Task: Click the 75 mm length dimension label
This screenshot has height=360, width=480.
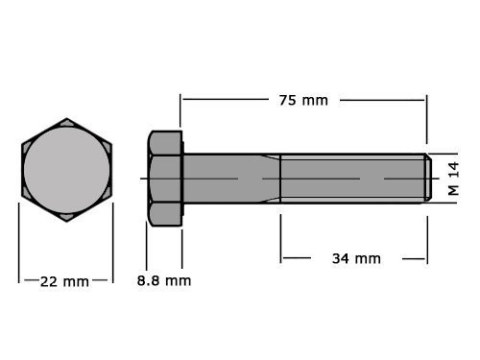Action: [302, 100]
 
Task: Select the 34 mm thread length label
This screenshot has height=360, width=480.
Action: [354, 258]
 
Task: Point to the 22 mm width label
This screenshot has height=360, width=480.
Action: [64, 281]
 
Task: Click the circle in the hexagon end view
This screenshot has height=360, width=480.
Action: [66, 171]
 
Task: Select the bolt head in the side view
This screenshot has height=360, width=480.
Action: [164, 179]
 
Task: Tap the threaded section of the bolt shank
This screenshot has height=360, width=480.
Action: [350, 179]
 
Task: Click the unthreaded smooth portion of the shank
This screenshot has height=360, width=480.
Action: [221, 179]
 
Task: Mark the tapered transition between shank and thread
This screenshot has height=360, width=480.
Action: [271, 179]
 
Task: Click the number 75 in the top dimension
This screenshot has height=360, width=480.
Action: [288, 100]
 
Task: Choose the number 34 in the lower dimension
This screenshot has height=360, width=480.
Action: [339, 258]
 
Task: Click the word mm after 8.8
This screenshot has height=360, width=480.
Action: [178, 280]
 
